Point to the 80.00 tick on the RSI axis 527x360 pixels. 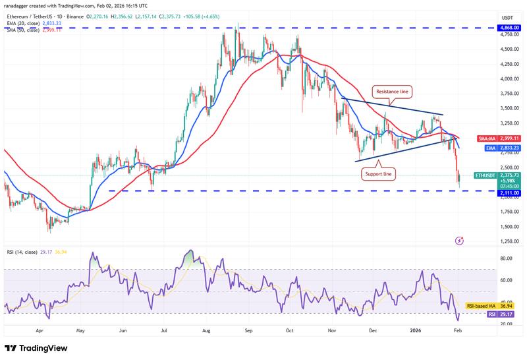506,258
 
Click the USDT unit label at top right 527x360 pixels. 507,16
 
